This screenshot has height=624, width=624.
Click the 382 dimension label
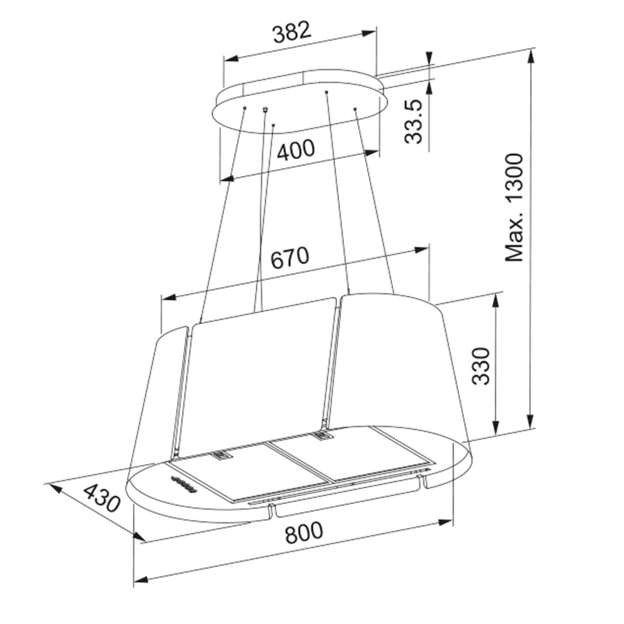(x=291, y=32)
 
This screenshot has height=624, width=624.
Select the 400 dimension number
(x=296, y=150)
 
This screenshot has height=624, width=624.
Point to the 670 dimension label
(x=290, y=257)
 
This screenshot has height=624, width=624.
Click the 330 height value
(x=480, y=366)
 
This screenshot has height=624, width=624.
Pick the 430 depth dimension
(x=102, y=497)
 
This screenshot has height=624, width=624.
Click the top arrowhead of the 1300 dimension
(x=530, y=57)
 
